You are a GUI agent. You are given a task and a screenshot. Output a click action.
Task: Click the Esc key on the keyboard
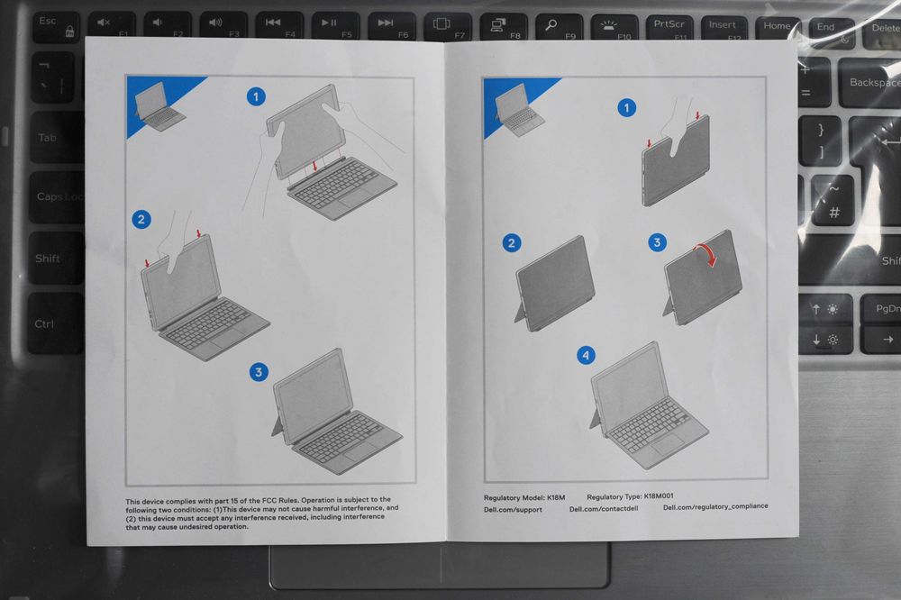[x=55, y=26]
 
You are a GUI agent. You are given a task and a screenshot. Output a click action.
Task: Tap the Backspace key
[x=869, y=83]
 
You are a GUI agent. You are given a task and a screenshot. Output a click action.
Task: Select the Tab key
[x=57, y=137]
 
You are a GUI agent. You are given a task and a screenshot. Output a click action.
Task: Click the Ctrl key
[x=55, y=323]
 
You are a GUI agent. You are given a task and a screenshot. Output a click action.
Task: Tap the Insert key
[x=722, y=26]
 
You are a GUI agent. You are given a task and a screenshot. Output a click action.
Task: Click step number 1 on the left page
[x=256, y=96]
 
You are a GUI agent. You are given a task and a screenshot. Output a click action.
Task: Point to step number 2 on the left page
[x=141, y=219]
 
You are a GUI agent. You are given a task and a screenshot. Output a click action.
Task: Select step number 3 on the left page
[x=259, y=372]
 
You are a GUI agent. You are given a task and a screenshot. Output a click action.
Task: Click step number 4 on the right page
[x=587, y=355]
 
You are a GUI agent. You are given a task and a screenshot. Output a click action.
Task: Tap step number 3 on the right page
[x=658, y=242]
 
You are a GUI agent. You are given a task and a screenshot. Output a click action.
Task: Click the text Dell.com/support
[x=513, y=510]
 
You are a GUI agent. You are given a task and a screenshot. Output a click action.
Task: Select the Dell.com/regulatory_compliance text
[x=715, y=507]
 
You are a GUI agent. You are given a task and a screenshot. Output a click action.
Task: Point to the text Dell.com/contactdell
[x=604, y=509]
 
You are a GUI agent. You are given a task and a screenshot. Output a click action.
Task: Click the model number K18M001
[x=659, y=495]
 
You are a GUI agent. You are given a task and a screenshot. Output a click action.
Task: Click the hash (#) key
[x=833, y=213]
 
